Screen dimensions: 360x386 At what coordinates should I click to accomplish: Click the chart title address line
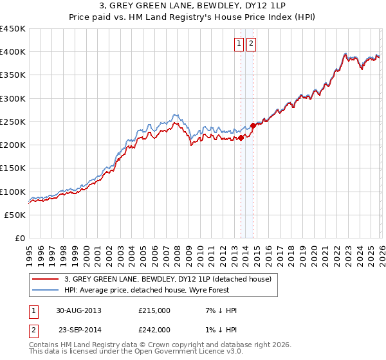coord(193,6)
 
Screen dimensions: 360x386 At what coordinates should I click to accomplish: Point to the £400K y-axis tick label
coord(13,52)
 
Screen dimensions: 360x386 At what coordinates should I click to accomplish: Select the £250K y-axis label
coord(13,122)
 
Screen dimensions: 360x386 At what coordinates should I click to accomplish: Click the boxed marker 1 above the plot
coord(239,44)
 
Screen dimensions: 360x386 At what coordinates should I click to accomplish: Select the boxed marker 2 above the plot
coord(251,44)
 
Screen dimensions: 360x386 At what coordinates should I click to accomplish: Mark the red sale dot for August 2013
coord(241,138)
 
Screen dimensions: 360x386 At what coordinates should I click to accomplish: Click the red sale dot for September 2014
coord(253,125)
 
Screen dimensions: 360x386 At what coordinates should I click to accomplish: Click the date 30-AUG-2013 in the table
coord(78,310)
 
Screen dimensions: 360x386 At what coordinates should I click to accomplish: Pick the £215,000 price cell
coord(154,310)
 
